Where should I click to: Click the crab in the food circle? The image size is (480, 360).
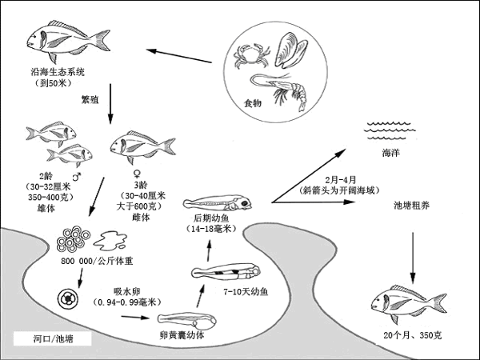[x=245, y=57]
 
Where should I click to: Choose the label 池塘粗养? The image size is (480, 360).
[x=412, y=205]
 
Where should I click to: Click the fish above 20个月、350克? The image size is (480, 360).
[x=408, y=302]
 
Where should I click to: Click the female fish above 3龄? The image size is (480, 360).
[x=142, y=144]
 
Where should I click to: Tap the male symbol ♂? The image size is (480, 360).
[x=76, y=175]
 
